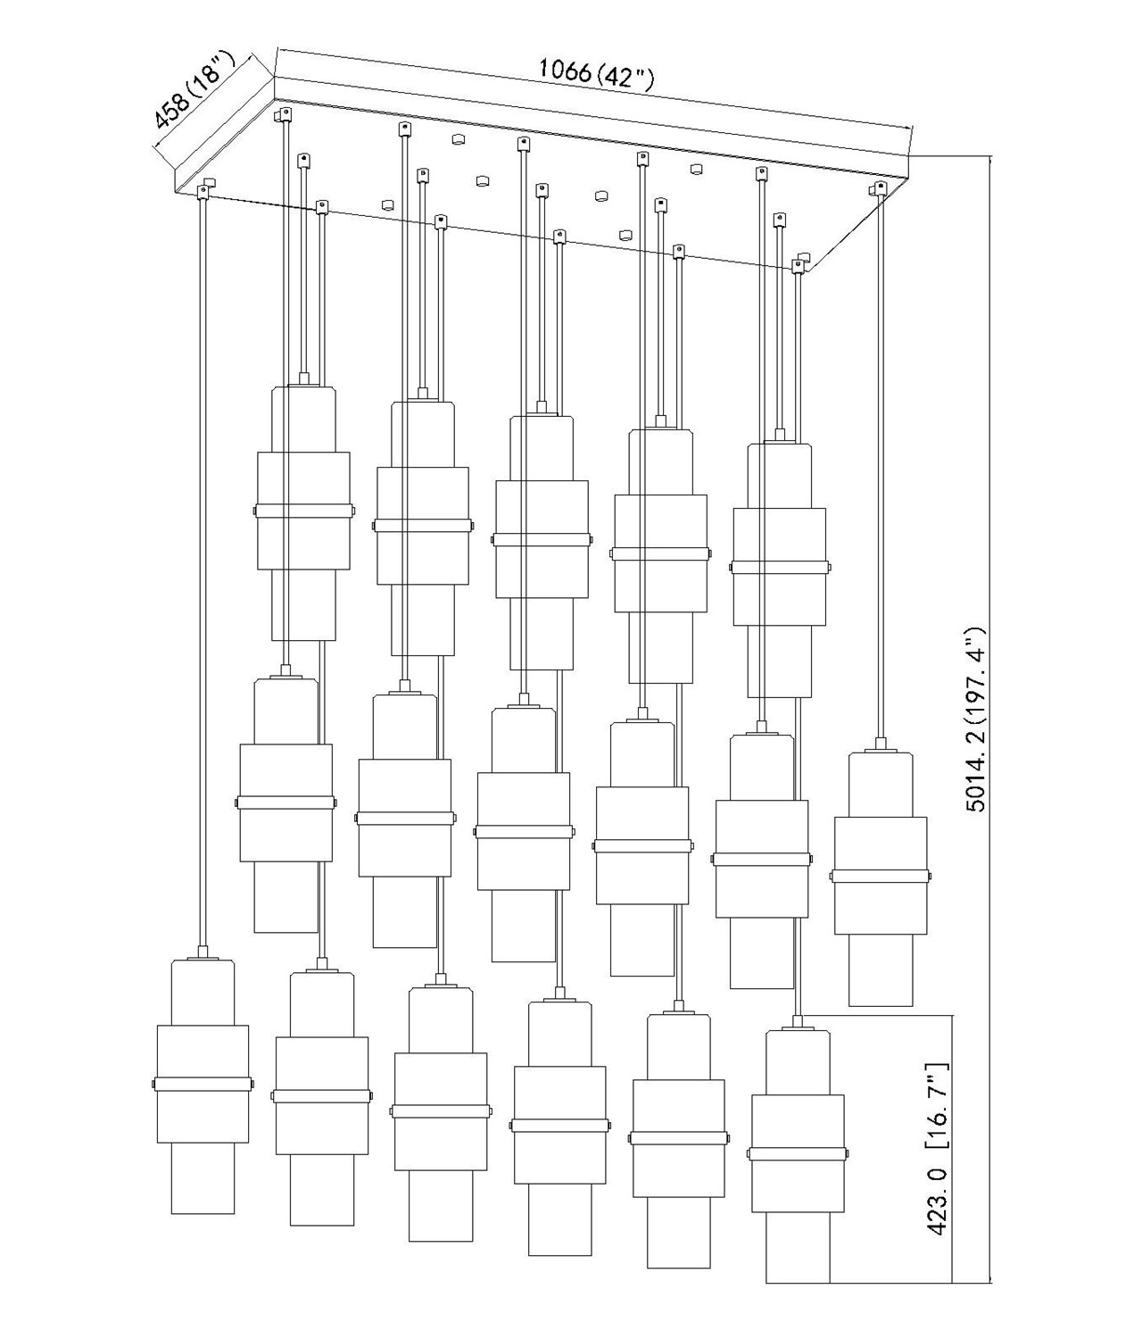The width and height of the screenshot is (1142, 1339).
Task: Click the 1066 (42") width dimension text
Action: pyautogui.click(x=597, y=72)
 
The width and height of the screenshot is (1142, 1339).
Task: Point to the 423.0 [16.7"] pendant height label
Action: pyautogui.click(x=938, y=1158)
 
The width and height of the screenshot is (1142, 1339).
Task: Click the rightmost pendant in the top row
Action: pyautogui.click(x=780, y=568)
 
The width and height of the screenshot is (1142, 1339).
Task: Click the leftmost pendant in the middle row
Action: pyautogui.click(x=285, y=802)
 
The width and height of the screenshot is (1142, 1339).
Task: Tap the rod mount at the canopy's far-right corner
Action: pyautogui.click(x=880, y=187)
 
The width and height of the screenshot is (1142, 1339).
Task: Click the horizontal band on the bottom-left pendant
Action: pyautogui.click(x=203, y=1083)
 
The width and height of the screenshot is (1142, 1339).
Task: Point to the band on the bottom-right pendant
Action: pyautogui.click(x=798, y=1153)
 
